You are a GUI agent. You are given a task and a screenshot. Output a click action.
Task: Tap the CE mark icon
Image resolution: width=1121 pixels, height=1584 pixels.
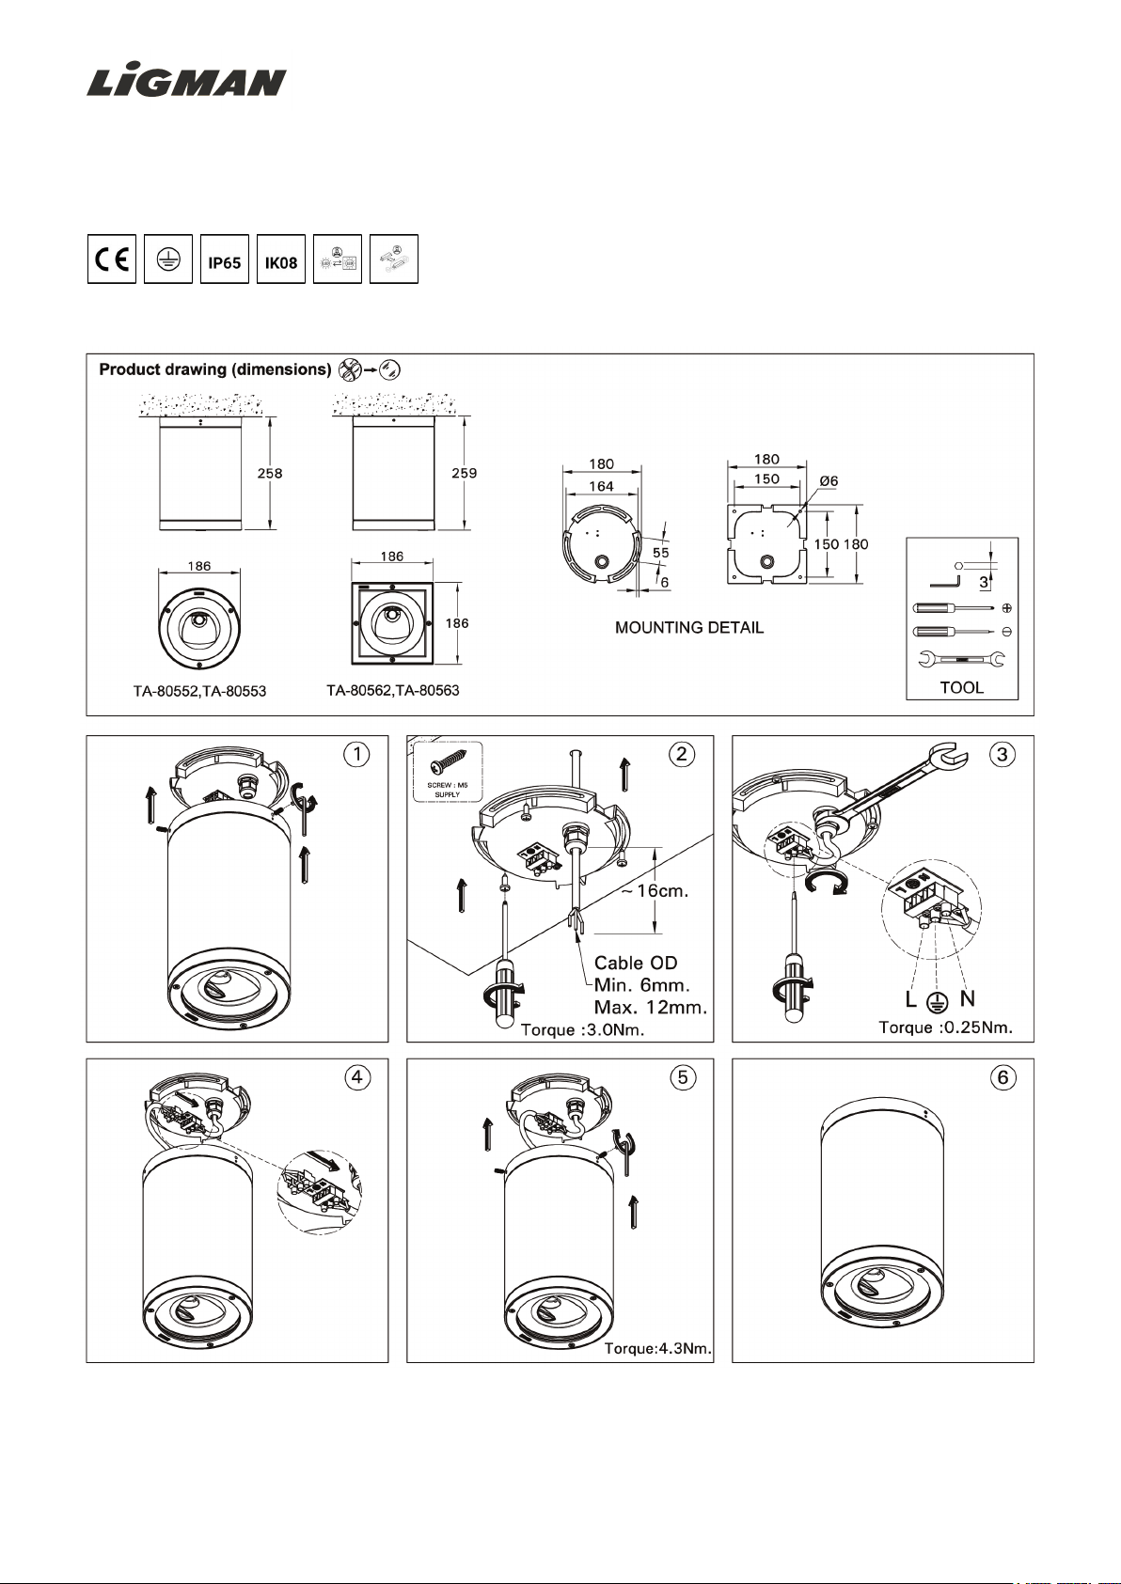tap(112, 259)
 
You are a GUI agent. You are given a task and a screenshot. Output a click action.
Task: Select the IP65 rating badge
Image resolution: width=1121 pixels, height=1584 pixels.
tap(225, 259)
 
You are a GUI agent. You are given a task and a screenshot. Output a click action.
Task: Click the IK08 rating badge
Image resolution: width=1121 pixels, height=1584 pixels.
tap(281, 259)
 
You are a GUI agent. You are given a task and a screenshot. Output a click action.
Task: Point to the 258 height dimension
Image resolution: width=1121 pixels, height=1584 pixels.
tap(270, 473)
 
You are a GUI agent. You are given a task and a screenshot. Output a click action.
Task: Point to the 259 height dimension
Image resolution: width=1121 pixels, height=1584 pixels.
tap(465, 473)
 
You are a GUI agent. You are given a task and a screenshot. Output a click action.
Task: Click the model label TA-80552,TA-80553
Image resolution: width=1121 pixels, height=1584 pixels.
tap(199, 692)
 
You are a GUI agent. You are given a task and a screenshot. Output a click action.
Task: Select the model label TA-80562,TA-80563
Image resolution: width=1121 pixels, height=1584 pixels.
tap(393, 691)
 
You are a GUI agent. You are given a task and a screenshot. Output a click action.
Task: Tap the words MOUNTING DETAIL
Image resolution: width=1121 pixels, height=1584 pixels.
tap(689, 628)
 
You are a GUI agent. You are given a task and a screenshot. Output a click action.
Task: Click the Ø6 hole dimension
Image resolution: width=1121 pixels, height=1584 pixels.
tap(829, 481)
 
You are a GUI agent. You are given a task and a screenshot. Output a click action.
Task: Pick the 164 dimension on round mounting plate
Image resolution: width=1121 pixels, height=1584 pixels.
tap(601, 486)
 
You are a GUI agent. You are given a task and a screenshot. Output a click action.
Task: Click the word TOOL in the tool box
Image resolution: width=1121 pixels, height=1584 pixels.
tap(962, 687)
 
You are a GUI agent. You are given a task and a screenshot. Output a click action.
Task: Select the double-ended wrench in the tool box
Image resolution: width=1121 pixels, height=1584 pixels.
tap(961, 660)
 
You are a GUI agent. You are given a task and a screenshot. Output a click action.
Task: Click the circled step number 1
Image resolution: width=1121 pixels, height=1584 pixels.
tap(356, 754)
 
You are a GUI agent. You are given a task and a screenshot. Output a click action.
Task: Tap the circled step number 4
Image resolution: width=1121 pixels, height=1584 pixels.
tap(356, 1077)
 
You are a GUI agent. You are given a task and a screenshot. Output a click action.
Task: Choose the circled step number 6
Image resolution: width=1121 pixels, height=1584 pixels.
tap(1003, 1077)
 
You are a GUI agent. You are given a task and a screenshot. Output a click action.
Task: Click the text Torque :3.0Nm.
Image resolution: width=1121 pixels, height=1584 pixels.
tap(583, 1030)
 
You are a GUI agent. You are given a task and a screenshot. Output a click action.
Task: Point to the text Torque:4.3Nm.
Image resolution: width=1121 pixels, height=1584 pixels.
tap(657, 1349)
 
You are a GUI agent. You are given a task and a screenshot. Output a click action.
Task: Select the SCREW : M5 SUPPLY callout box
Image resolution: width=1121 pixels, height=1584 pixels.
tap(448, 771)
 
